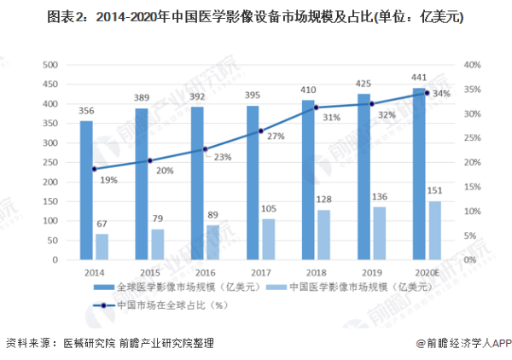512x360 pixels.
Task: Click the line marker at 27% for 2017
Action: [x=260, y=131]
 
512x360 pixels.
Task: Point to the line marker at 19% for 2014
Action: [x=94, y=169]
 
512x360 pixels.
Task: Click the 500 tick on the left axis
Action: [x=49, y=65]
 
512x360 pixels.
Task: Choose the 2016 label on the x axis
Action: [x=206, y=272]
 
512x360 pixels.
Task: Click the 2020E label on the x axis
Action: [x=428, y=272]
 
